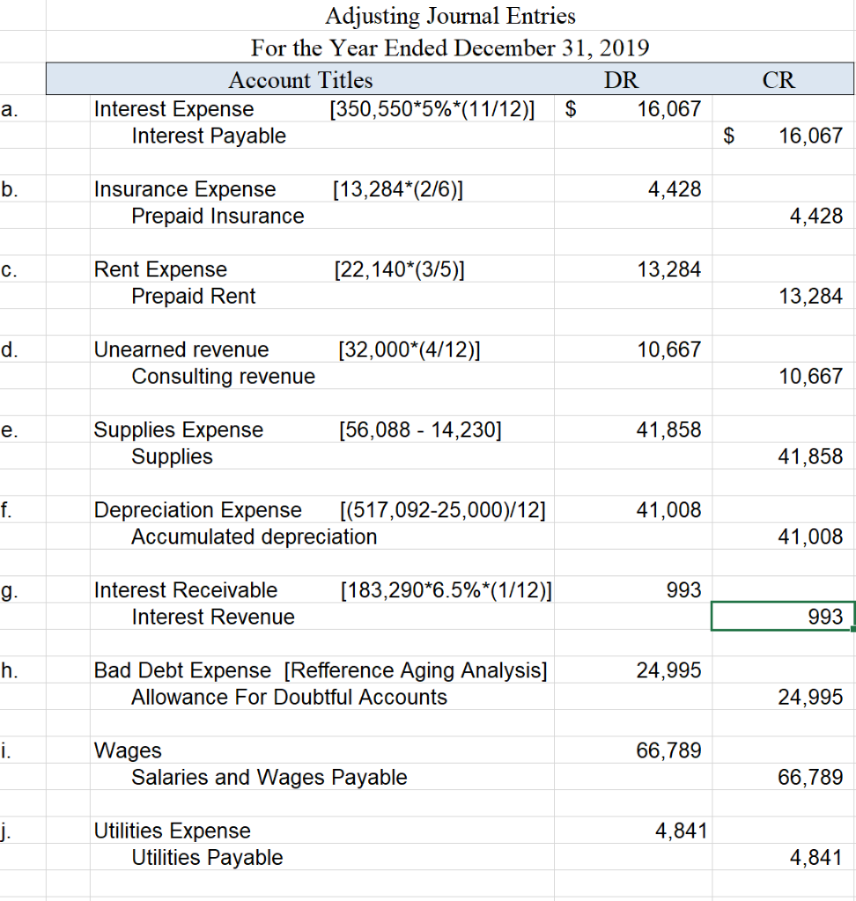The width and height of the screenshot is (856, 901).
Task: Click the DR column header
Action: point(621,80)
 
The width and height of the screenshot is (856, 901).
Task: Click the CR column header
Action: point(779,80)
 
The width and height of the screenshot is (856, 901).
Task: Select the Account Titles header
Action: point(300,80)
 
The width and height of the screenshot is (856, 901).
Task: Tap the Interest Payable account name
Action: point(209,136)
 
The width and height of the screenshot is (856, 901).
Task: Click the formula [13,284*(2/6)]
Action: point(401,189)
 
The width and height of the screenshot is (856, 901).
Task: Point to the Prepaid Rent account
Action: point(194,297)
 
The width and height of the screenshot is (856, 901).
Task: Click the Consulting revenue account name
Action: point(223,377)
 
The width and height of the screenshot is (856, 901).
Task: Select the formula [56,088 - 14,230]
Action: point(420,430)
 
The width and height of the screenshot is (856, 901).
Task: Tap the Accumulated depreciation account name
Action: point(254,537)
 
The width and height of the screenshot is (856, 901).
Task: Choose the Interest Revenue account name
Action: point(213,617)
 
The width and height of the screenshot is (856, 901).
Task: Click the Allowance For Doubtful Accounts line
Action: point(289,698)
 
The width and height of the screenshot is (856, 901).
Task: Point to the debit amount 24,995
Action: point(668,670)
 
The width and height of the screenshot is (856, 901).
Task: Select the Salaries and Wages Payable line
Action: point(269,778)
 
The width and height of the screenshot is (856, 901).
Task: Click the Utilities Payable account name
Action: point(207,858)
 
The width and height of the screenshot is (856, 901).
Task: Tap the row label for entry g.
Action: point(8,590)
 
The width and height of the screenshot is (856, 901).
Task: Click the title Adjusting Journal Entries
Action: point(450,16)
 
